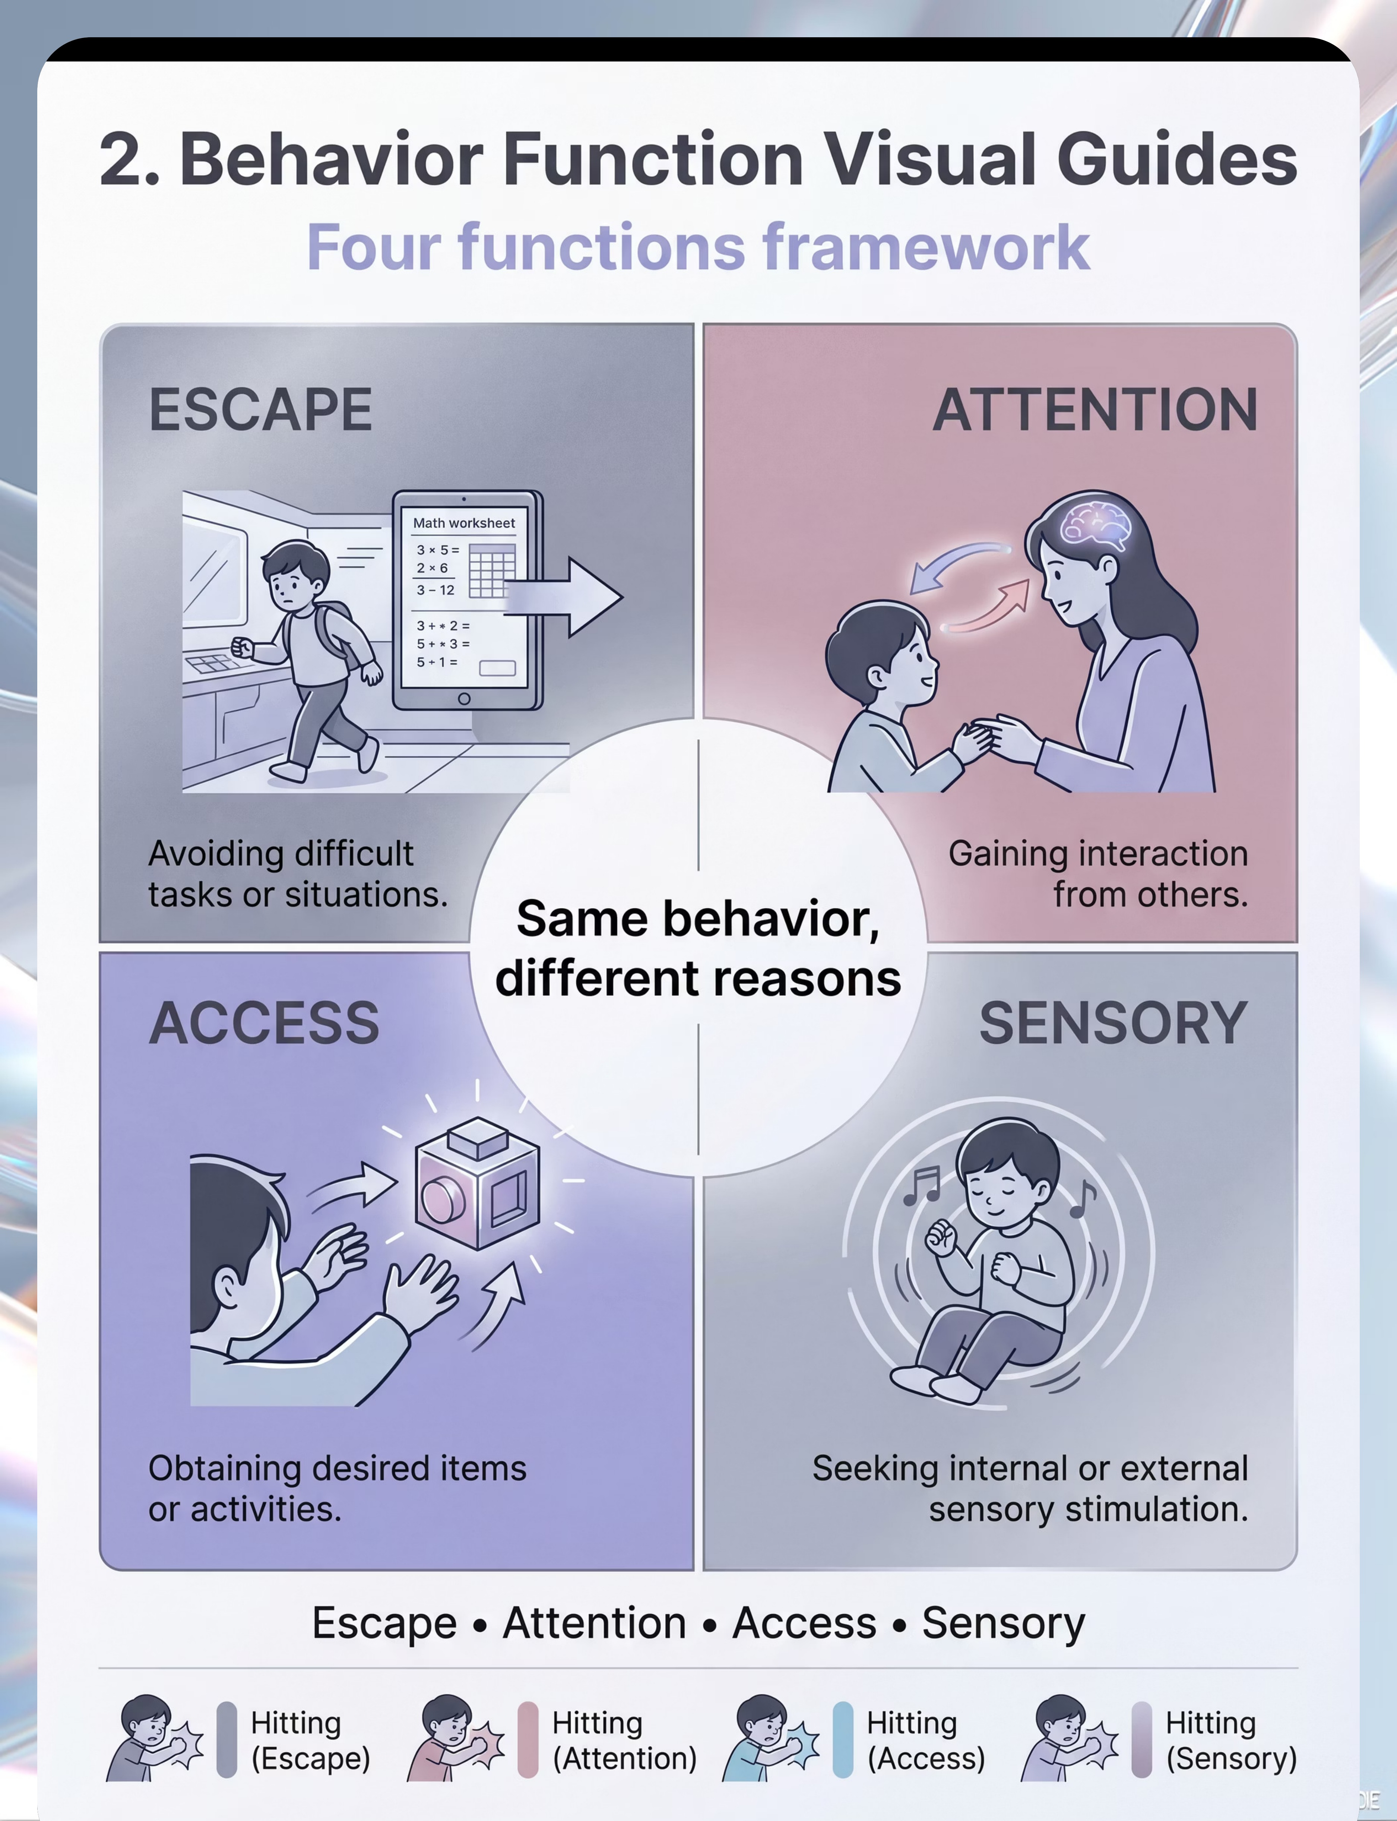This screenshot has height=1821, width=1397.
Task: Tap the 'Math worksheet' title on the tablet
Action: pos(464,523)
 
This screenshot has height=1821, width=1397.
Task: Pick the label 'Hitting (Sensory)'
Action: pos(1231,1741)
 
